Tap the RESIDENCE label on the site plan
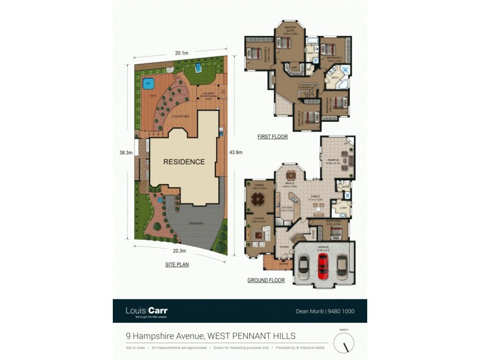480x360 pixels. point(184,161)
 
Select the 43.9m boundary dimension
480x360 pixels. point(235,152)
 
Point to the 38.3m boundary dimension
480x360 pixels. point(125,153)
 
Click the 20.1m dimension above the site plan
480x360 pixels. point(181,53)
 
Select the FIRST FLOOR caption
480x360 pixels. point(272,137)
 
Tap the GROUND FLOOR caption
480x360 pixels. point(266,280)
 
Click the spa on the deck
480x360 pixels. point(148,83)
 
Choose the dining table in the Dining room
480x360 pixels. point(258,198)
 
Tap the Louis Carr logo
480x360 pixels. point(146,311)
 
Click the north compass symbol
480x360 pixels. point(344,343)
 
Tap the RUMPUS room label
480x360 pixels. point(334,159)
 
